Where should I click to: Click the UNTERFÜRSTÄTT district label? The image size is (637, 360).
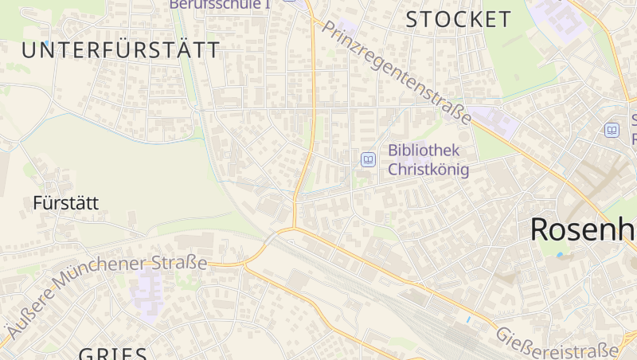120,50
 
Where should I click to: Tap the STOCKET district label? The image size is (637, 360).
458,20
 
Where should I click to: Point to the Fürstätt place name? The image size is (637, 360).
66,203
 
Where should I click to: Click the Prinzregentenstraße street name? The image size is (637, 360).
396,72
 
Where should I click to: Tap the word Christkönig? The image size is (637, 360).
428,170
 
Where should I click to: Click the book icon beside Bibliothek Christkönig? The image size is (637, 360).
368,159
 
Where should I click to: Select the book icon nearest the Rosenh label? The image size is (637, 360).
612,130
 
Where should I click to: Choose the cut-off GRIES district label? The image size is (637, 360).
112,354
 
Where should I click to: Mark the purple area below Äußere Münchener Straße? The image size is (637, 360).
147,289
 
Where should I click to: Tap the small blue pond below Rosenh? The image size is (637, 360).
559,256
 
